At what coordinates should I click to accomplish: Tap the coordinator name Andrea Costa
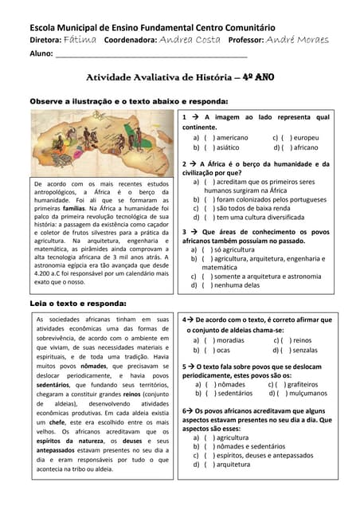pos(190,38)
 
